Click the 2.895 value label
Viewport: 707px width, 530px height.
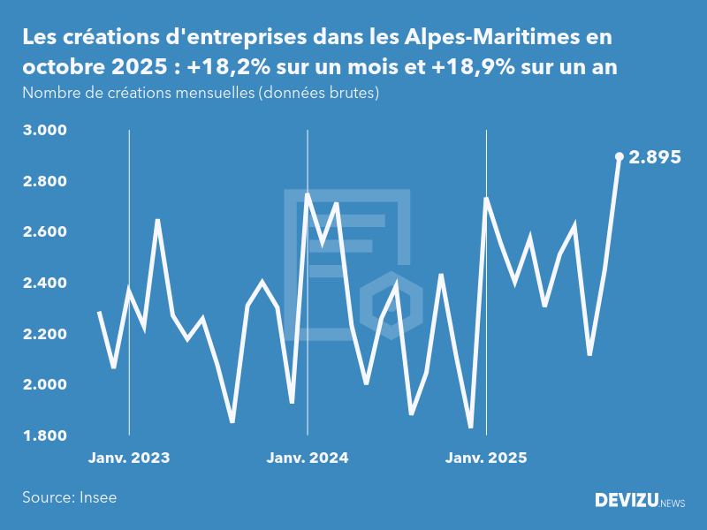click(x=655, y=157)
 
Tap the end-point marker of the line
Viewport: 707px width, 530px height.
click(x=620, y=156)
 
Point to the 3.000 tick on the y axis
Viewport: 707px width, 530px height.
click(x=44, y=131)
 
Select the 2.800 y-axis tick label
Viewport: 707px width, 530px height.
click(x=44, y=182)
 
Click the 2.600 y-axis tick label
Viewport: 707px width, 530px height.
click(x=44, y=232)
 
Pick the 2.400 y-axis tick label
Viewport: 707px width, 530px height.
click(x=44, y=284)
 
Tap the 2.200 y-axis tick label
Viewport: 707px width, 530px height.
click(x=44, y=334)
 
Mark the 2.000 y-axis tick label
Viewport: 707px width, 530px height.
click(x=44, y=385)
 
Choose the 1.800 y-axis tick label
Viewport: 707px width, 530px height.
click(x=44, y=435)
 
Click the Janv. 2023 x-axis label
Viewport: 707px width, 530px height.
click(x=129, y=458)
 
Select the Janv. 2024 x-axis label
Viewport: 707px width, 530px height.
click(x=308, y=458)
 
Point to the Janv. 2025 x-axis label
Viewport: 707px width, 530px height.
click(x=486, y=458)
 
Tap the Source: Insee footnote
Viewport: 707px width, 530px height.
click(x=70, y=497)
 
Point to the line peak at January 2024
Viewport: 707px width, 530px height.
click(x=308, y=194)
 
